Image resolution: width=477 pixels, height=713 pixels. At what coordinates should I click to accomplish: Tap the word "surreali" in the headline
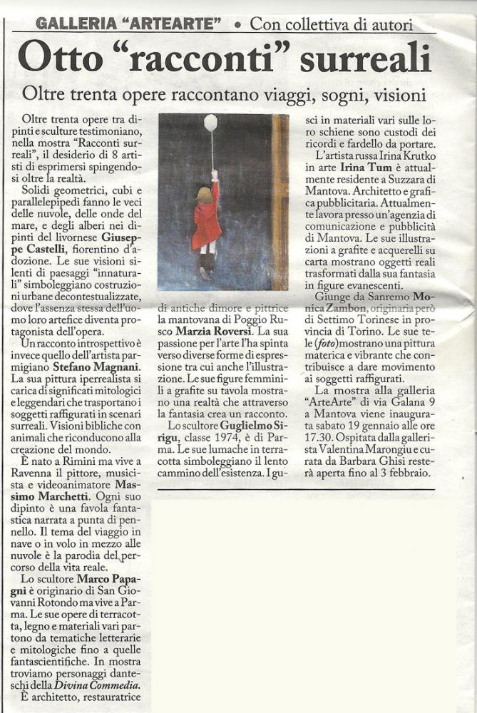[365, 58]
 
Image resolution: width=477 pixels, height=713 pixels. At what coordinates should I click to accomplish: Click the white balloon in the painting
[210, 123]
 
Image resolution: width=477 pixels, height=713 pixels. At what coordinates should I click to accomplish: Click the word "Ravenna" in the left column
[41, 473]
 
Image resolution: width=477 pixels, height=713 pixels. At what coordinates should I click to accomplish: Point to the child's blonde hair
[202, 195]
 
